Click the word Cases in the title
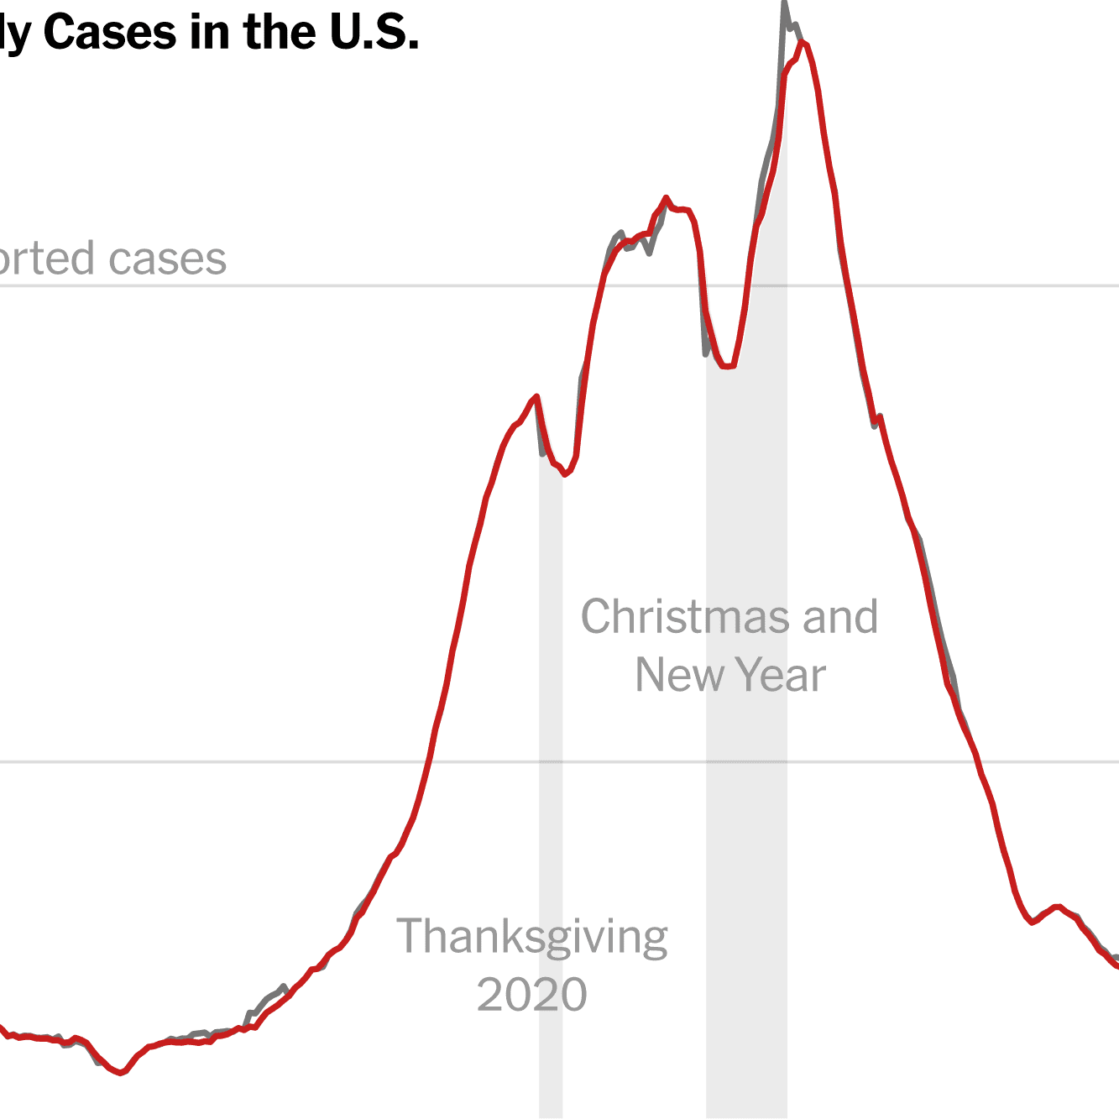112,34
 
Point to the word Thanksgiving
532,937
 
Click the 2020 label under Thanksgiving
532,995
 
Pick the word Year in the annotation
781,675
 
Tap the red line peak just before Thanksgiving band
536,396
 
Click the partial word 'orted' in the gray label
46,259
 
